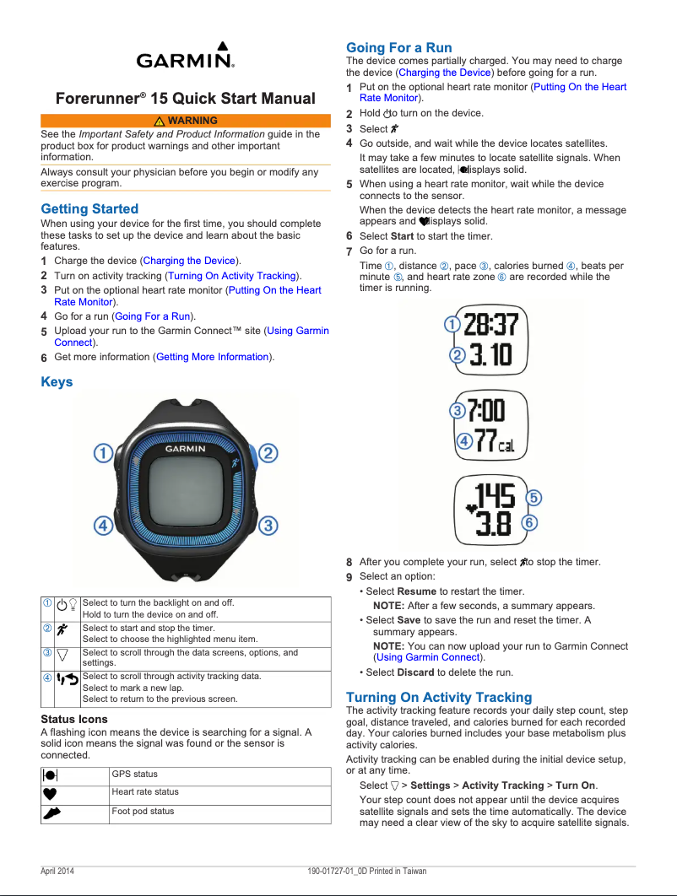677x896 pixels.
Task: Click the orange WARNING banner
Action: coord(186,121)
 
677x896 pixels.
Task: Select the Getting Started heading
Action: coord(89,208)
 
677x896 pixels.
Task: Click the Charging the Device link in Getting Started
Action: coord(189,261)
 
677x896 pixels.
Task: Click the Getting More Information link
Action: coord(212,357)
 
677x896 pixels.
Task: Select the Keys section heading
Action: coord(57,382)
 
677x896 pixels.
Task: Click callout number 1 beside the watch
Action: coord(103,454)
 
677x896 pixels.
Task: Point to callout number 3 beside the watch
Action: coord(268,526)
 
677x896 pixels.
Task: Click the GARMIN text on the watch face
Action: coord(185,449)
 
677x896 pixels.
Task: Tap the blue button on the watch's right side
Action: coord(251,456)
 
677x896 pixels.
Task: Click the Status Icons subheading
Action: coord(74,719)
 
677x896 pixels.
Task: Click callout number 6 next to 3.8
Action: coord(530,523)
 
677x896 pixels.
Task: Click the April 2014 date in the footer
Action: coord(57,871)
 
